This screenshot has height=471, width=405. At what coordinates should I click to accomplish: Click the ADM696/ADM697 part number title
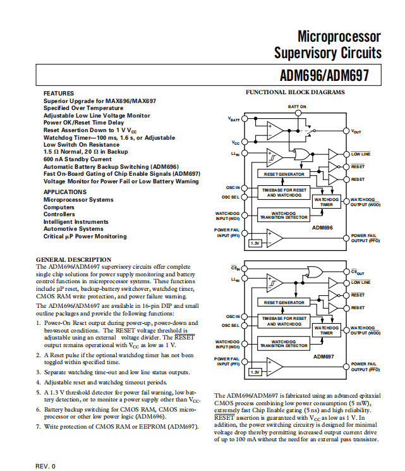coord(324,75)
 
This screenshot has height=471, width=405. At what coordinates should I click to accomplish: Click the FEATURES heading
coord(59,94)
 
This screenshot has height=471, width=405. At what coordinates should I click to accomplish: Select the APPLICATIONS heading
coord(65,192)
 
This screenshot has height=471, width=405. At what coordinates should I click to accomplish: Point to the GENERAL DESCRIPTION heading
coord(73,260)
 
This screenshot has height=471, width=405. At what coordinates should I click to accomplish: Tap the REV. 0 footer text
coord(45,466)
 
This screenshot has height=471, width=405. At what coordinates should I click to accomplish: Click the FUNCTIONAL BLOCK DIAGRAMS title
coord(295,92)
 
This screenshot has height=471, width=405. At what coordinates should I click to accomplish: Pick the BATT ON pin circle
coord(298,113)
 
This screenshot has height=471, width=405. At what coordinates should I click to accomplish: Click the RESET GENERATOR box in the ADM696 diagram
coord(284,174)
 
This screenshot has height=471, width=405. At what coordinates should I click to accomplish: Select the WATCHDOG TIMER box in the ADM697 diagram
coord(327,331)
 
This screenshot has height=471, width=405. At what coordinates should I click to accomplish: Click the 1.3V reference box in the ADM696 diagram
coord(255,243)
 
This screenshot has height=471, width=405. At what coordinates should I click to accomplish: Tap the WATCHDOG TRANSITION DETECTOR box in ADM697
coord(284,344)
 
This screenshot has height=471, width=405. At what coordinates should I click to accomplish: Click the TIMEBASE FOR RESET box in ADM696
coord(284,193)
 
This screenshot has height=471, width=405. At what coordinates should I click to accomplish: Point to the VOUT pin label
coord(356,132)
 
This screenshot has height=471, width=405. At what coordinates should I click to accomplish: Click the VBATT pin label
coord(234,119)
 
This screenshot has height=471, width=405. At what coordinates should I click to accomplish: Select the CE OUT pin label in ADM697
coord(358,272)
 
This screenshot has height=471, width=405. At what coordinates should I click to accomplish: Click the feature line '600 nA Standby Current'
coord(78,159)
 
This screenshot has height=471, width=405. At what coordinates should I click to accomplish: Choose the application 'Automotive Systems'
coord(73,229)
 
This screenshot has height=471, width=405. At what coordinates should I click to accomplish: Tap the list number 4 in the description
coord(38,382)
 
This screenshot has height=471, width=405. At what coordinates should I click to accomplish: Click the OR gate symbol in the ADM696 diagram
coord(301,155)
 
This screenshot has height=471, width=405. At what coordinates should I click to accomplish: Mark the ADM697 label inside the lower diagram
coord(323,357)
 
